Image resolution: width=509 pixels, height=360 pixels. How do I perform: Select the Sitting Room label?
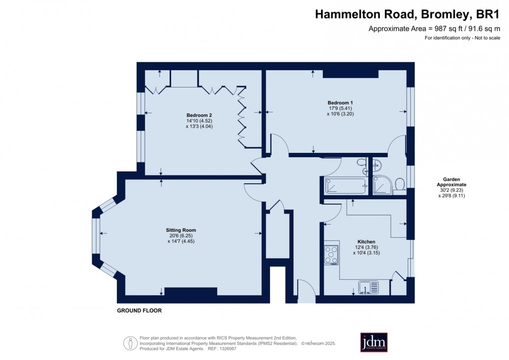[181, 230]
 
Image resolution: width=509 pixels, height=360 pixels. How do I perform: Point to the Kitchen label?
[366, 242]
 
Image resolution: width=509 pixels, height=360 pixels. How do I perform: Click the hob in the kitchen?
[331, 255]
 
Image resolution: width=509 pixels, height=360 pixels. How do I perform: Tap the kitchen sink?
[369, 287]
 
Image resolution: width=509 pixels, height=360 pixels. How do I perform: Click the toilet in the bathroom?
[399, 185]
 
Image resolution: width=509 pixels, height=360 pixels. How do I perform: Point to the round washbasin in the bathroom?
[377, 164]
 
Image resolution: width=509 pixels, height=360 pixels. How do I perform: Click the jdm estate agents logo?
[374, 342]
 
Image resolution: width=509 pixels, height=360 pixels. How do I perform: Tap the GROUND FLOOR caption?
[139, 311]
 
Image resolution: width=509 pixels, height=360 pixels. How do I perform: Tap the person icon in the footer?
[130, 343]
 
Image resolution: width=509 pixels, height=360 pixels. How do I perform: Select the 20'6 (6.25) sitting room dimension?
[181, 236]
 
